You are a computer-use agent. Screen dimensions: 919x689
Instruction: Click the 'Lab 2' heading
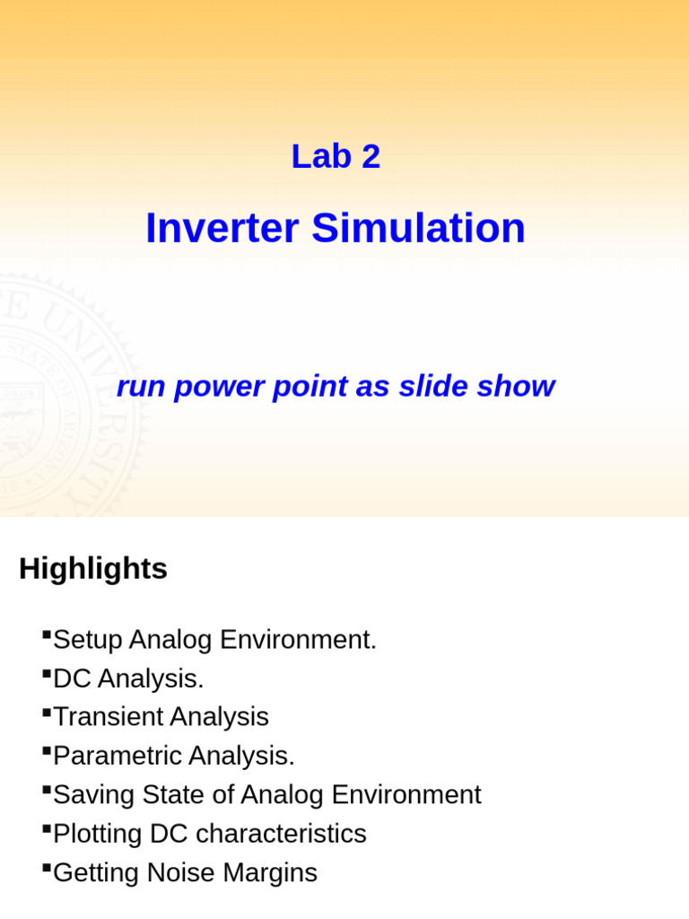point(336,157)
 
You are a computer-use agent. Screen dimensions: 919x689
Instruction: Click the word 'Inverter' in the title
point(222,228)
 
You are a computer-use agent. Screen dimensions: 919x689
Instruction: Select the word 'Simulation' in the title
point(418,228)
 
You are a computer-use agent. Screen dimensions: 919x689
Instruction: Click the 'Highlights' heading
point(93,569)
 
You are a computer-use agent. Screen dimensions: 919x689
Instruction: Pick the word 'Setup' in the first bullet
point(88,641)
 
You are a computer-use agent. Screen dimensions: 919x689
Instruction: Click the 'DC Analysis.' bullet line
point(128,679)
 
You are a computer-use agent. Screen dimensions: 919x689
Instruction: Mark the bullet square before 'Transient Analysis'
point(47,712)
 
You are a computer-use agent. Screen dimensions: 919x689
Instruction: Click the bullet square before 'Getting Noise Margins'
point(47,866)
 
